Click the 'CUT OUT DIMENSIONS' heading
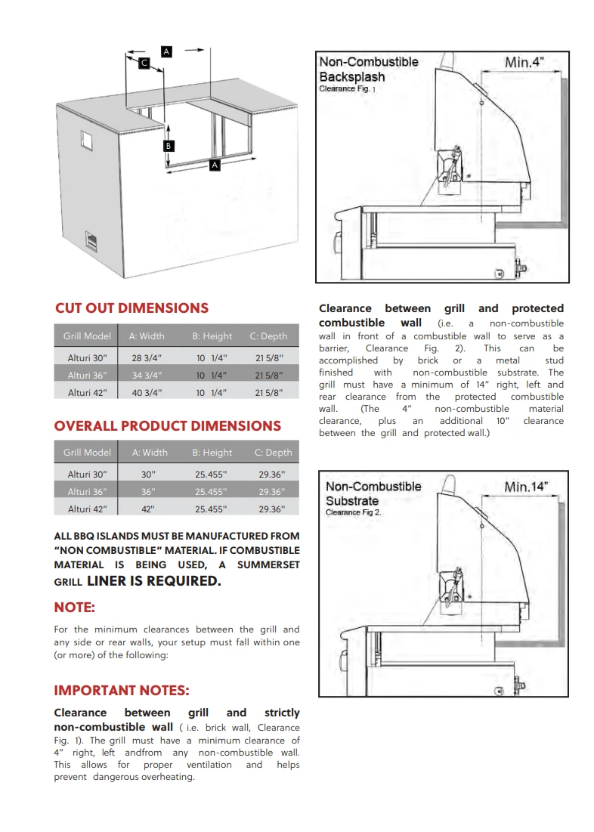(131, 308)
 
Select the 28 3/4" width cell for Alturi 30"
(147, 358)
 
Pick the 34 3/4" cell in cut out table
(147, 375)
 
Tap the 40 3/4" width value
(147, 392)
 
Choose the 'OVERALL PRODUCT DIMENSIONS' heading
(167, 425)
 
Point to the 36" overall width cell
(149, 491)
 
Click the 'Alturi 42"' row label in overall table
(87, 509)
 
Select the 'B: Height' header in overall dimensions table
(212, 453)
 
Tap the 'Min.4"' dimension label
(524, 63)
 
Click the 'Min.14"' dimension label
(526, 487)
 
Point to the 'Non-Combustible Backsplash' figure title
(368, 70)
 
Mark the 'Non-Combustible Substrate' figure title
(373, 493)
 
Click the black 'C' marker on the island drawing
(144, 64)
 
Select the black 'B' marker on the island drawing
(169, 145)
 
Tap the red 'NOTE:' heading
(74, 608)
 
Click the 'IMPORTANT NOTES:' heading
(121, 691)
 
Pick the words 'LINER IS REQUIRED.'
(154, 580)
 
